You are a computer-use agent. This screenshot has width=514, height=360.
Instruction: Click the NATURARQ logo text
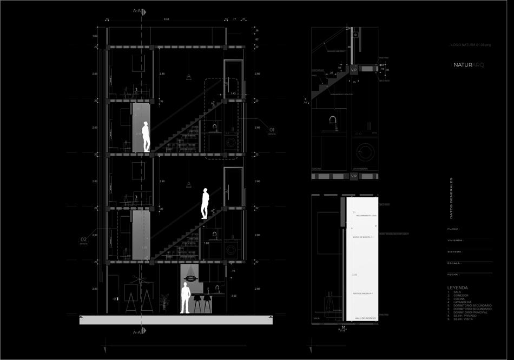pos(470,65)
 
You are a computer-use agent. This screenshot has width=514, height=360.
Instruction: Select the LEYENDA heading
pos(458,288)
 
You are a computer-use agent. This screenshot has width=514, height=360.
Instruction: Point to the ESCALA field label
pos(454,263)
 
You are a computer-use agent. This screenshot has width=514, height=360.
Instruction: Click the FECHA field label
pos(453,274)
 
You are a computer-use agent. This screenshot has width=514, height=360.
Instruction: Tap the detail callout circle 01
pos(272,130)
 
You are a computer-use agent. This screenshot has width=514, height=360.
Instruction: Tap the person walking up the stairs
pos(206,203)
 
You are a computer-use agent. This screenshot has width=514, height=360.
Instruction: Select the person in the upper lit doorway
pos(146,137)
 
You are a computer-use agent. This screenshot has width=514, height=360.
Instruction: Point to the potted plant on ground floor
pos(165,303)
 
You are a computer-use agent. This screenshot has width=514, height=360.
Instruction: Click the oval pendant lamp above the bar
pos(192,278)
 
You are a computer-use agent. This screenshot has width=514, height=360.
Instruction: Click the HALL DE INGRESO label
pos(365,318)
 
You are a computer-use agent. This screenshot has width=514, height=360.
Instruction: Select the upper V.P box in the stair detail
pos(354,70)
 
